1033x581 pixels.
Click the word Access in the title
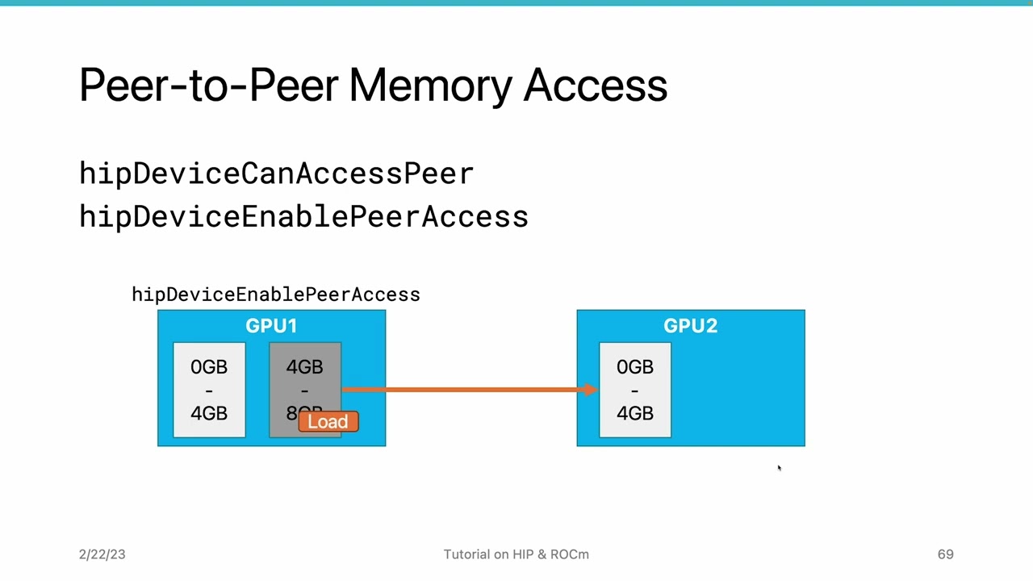(595, 85)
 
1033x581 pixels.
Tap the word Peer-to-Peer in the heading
(208, 85)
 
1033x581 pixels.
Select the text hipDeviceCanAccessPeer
(276, 173)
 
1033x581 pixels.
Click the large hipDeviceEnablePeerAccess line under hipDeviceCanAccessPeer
(303, 217)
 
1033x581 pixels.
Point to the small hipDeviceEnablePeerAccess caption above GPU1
(275, 295)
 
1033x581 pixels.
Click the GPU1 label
(271, 326)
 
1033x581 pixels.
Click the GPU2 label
(690, 326)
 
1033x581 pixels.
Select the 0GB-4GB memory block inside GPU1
(209, 390)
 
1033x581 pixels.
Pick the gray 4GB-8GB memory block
(304, 379)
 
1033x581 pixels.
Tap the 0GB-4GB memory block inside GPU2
(635, 390)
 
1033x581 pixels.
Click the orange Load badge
(328, 421)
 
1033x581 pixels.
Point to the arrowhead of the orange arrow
(591, 390)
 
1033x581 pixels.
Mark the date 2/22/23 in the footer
(102, 554)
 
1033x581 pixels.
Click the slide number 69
(945, 554)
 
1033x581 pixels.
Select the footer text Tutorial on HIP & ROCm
(516, 554)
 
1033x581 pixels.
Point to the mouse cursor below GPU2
(779, 468)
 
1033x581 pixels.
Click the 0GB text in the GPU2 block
(635, 367)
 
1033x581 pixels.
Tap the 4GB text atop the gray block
(304, 367)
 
